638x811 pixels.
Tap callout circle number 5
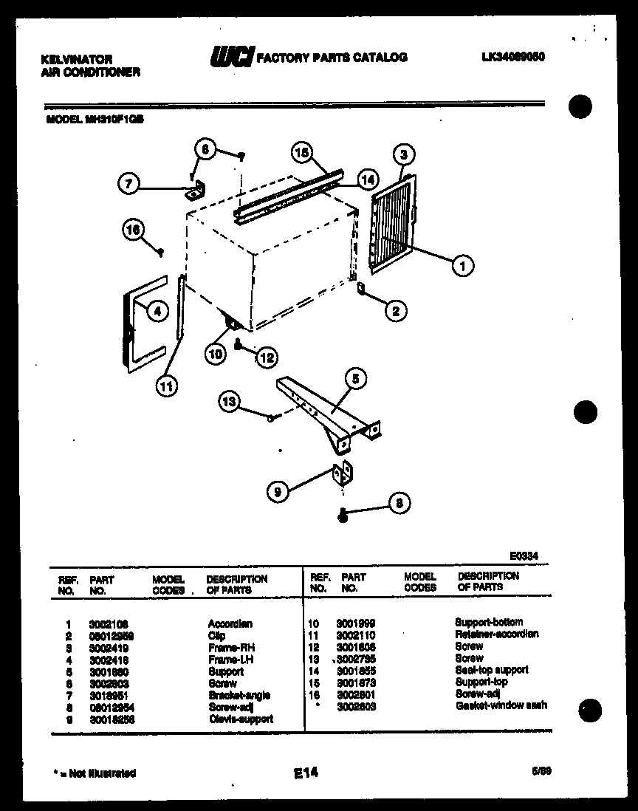point(355,379)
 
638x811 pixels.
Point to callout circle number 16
point(132,230)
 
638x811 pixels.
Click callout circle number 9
point(278,491)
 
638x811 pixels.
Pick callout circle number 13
point(230,402)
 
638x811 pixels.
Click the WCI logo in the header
point(233,57)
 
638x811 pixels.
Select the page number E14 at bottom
point(305,773)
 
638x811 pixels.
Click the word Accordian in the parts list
point(230,623)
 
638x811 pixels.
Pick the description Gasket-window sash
point(501,705)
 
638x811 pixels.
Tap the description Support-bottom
point(488,622)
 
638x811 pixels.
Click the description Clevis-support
point(240,719)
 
